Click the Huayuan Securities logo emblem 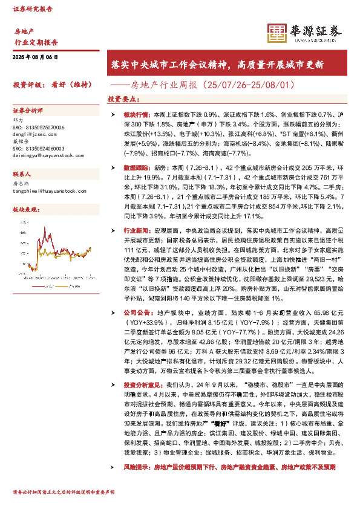(277, 33)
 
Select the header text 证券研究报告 (33, 10)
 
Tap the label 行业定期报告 (36, 42)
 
